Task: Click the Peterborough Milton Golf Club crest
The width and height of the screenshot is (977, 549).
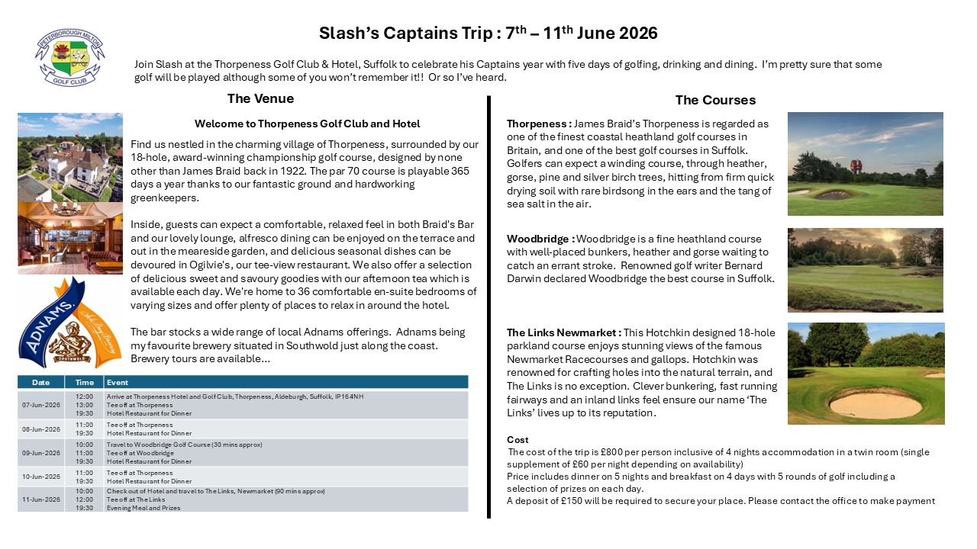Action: pyautogui.click(x=69, y=58)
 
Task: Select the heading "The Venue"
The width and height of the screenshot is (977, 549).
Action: pyautogui.click(x=260, y=98)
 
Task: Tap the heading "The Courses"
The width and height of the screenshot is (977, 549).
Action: pyautogui.click(x=715, y=100)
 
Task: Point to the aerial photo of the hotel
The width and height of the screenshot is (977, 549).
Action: pyautogui.click(x=69, y=157)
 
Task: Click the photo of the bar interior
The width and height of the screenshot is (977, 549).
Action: pyautogui.click(x=69, y=238)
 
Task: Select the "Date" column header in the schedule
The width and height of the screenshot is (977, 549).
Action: pyautogui.click(x=41, y=382)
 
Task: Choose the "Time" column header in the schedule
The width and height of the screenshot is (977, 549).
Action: pyautogui.click(x=85, y=382)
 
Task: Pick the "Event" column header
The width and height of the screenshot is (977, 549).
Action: pyautogui.click(x=118, y=382)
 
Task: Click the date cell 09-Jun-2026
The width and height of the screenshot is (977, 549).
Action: pyautogui.click(x=41, y=452)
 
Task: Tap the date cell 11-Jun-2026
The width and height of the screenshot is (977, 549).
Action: pyautogui.click(x=41, y=499)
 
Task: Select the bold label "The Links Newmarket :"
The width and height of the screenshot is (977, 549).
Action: pyautogui.click(x=563, y=332)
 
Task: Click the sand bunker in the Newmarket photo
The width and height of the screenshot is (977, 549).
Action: pyautogui.click(x=876, y=404)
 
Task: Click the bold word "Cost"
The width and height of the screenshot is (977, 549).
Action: pyautogui.click(x=518, y=440)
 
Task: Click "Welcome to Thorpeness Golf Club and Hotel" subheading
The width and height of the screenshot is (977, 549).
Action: pyautogui.click(x=307, y=124)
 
